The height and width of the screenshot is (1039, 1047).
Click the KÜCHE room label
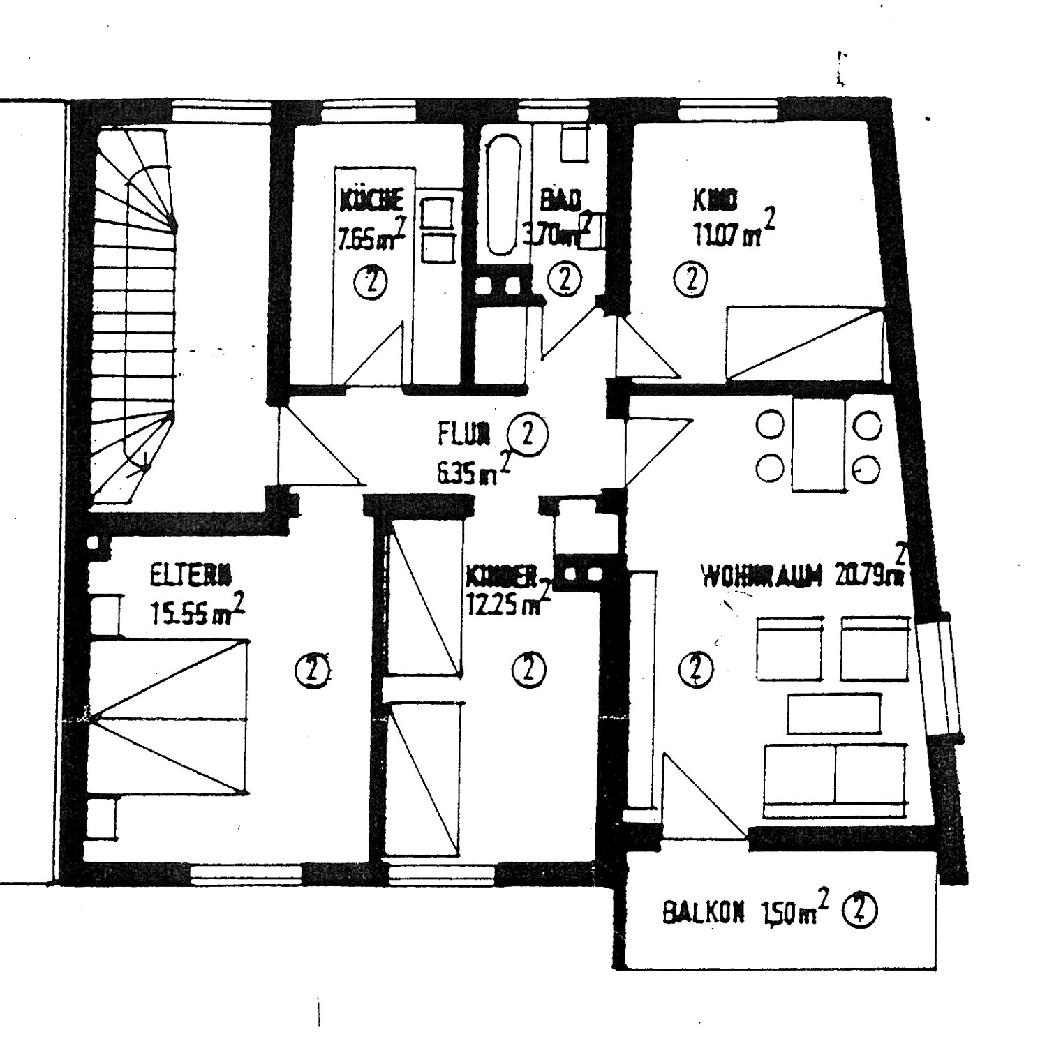(x=371, y=200)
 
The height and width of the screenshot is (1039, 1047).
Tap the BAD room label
(x=560, y=200)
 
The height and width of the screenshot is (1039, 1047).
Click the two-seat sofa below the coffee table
(x=836, y=779)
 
